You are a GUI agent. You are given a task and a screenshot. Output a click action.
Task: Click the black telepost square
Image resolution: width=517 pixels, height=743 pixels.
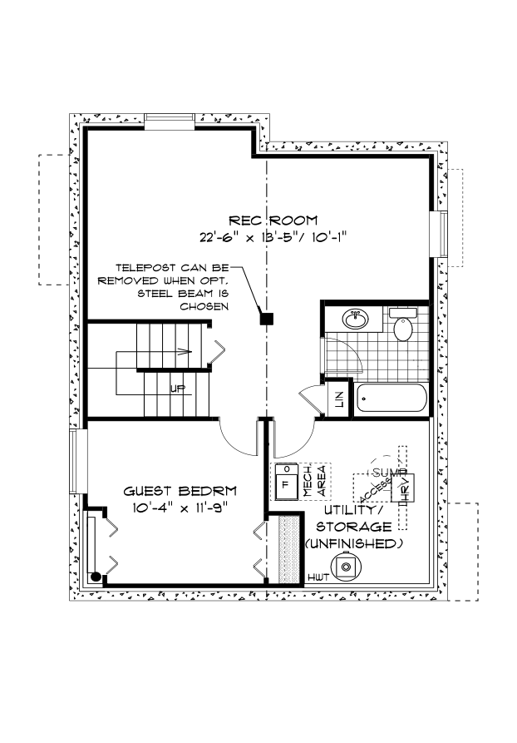click(x=266, y=318)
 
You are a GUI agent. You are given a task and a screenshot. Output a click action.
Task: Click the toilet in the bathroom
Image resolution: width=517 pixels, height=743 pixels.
click(x=402, y=326)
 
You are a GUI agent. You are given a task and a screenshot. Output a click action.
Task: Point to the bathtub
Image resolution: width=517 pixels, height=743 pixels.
click(x=391, y=399)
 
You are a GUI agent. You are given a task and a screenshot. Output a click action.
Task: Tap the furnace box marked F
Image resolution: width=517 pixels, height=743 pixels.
click(x=286, y=482)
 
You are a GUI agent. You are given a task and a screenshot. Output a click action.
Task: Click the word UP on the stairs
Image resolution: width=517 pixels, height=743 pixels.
click(x=177, y=389)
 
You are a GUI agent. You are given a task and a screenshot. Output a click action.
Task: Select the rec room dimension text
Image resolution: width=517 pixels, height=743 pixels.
click(x=272, y=235)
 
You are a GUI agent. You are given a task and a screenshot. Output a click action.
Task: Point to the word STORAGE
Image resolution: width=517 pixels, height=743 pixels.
click(x=353, y=527)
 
